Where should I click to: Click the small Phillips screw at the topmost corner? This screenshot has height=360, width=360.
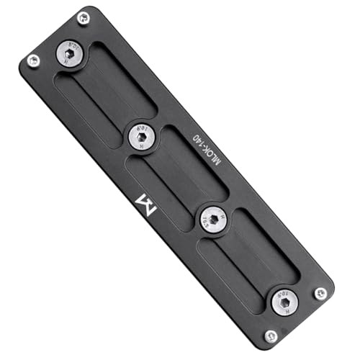[84, 19]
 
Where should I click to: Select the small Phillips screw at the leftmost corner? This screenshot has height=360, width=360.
[33, 61]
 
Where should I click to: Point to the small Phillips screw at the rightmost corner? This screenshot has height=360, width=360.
[320, 293]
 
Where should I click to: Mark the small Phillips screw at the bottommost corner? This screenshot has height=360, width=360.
[271, 336]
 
